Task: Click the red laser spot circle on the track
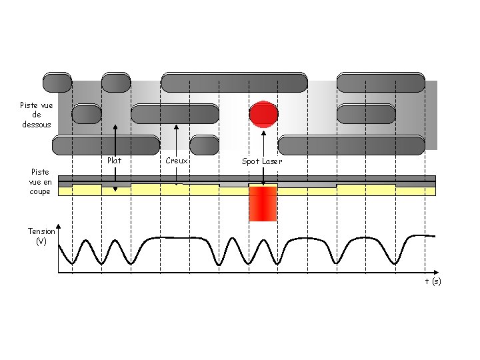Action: [263, 114]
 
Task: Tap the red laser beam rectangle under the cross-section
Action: [263, 204]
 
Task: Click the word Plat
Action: [115, 161]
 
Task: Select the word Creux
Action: [177, 161]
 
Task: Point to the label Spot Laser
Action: [261, 161]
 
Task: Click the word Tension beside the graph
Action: [41, 231]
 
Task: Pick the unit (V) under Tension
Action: [41, 241]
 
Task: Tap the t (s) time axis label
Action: [433, 281]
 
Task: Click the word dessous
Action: [37, 124]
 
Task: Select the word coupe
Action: [40, 191]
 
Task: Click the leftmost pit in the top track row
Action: [57, 82]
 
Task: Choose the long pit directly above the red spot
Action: [234, 82]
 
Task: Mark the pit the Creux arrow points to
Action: [175, 114]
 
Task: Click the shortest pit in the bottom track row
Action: [205, 144]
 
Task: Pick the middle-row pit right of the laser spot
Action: [367, 114]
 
